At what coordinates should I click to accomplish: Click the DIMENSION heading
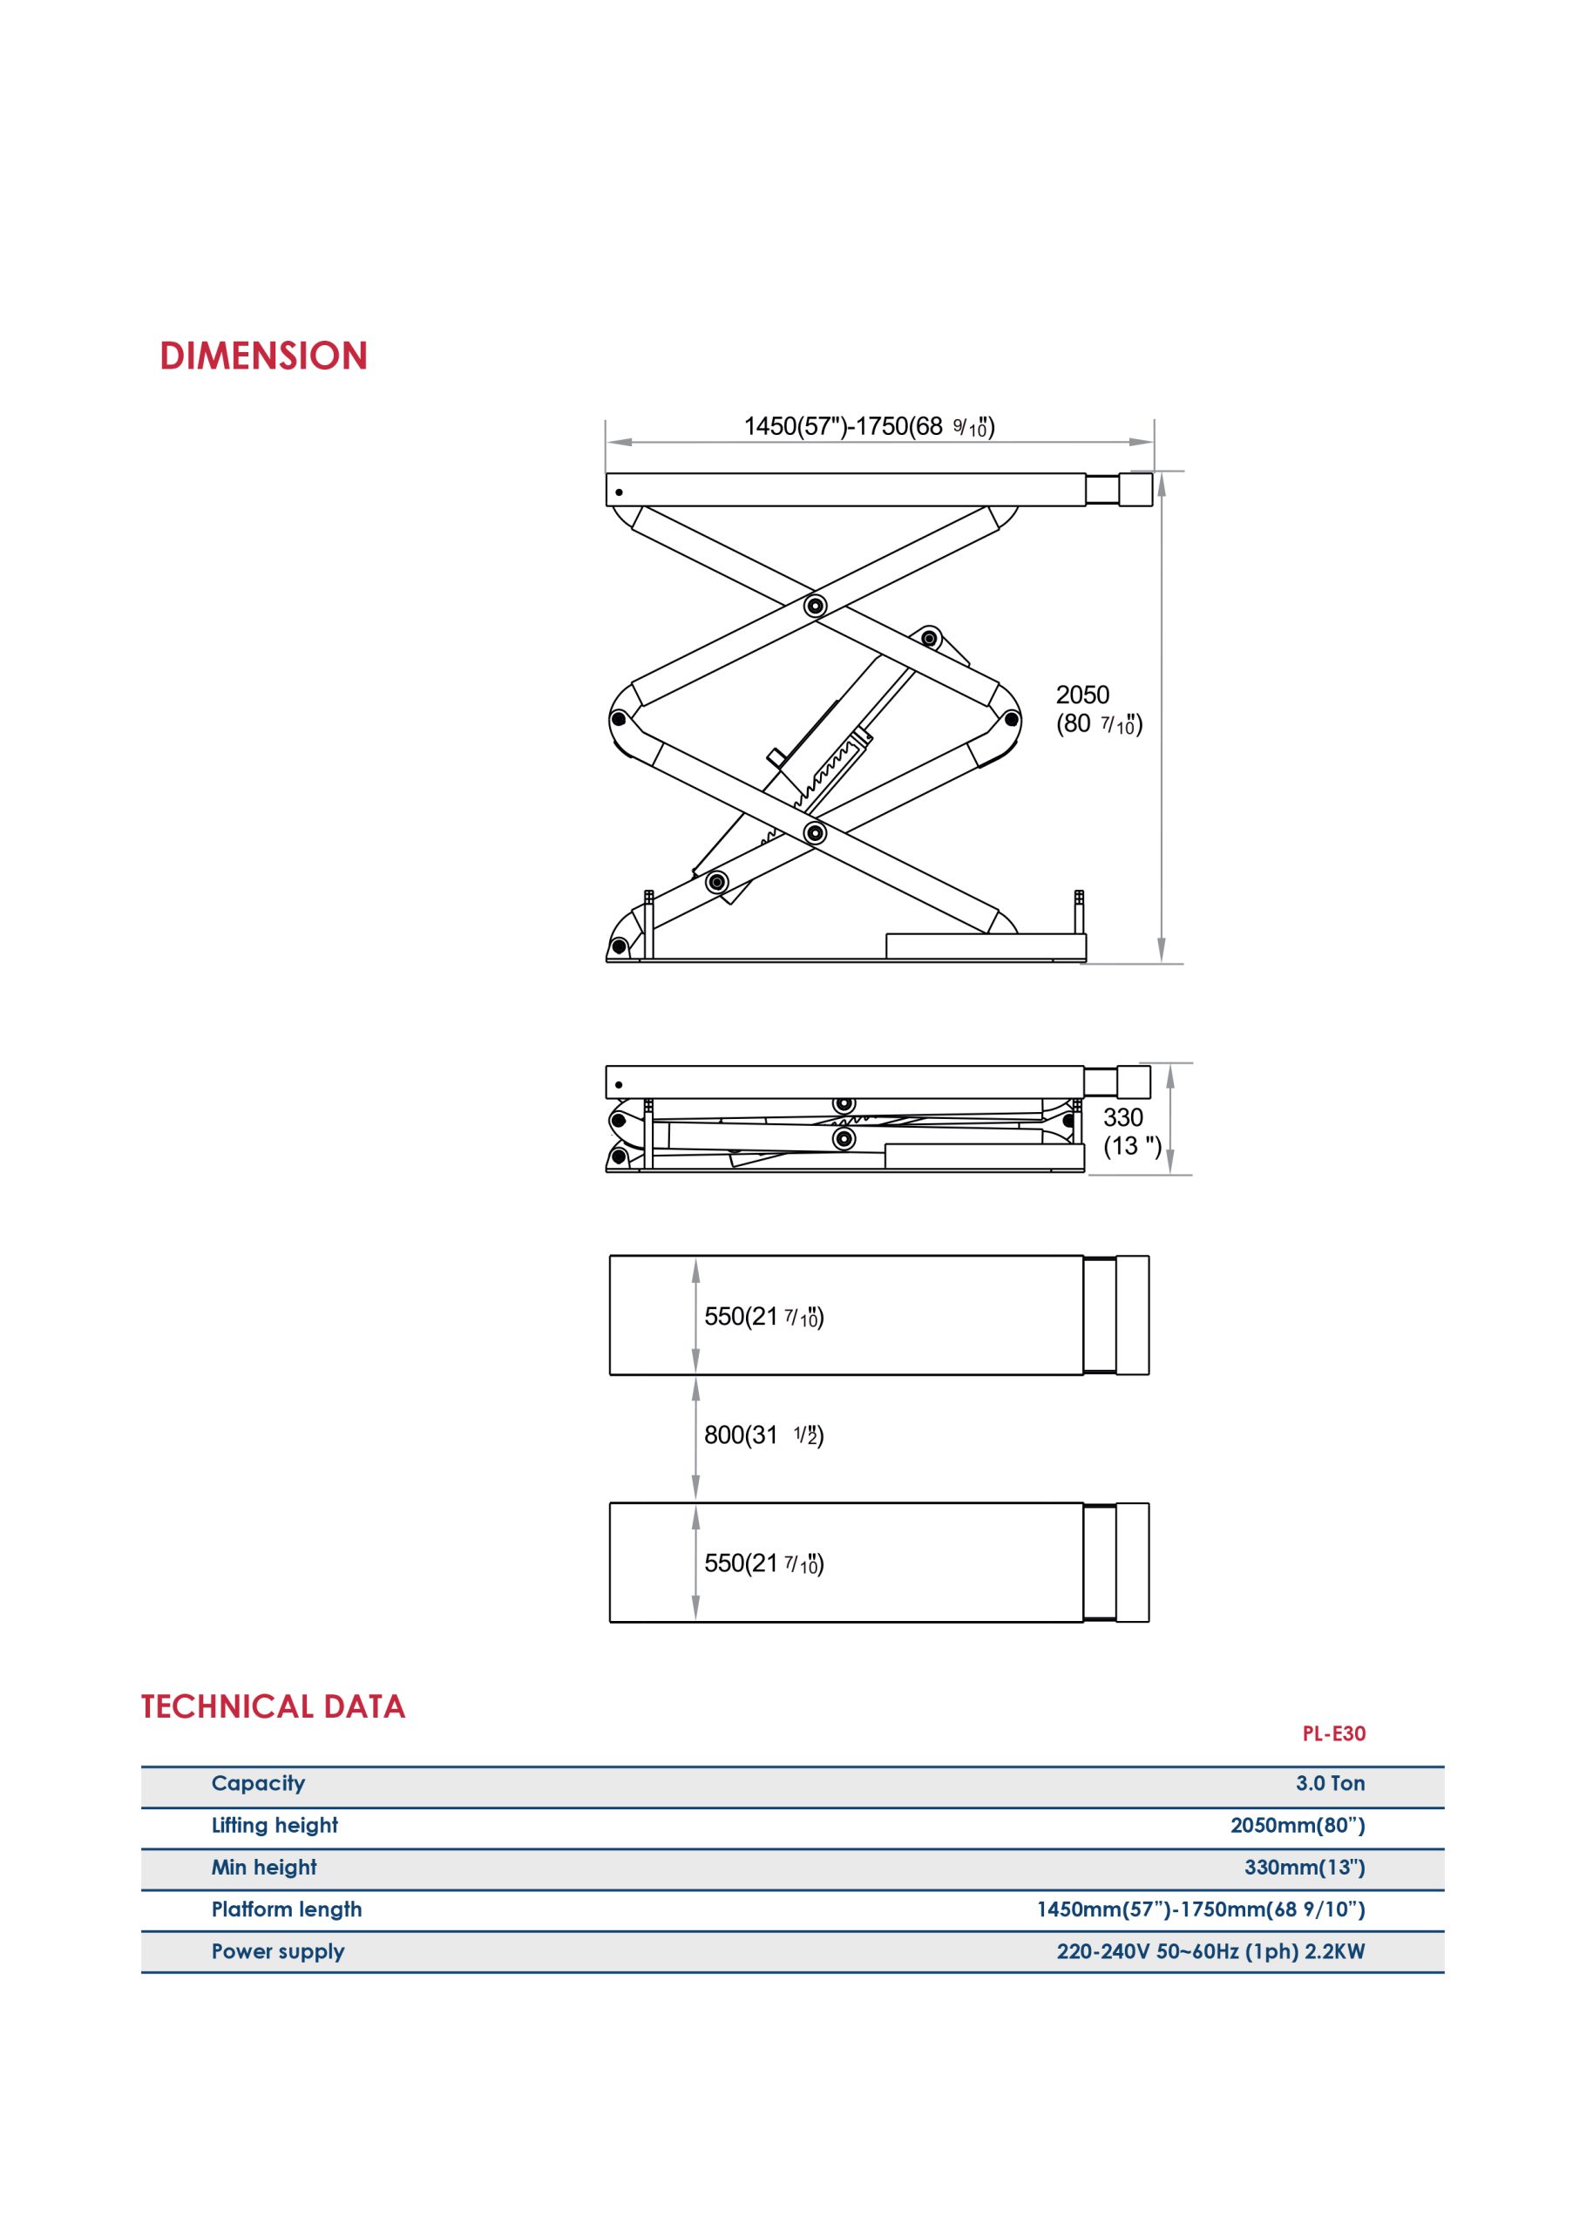pos(264,356)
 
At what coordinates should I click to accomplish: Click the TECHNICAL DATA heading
pos(274,1706)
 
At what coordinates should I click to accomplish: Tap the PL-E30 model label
pos(1334,1734)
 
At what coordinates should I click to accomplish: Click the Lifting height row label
pos(274,1825)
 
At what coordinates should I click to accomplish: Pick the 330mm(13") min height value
pos(1305,1867)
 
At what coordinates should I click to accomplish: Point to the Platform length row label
pos(286,1909)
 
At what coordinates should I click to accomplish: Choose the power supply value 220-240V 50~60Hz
pos(1211,1950)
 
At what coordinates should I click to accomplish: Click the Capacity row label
pos(259,1783)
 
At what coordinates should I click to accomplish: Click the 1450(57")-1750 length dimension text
pos(869,427)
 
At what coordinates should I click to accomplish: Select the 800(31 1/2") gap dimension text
pos(763,1435)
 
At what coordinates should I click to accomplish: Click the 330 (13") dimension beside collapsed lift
pos(1133,1131)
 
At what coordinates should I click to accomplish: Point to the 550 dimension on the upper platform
pos(763,1317)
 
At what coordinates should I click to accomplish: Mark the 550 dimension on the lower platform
pos(763,1564)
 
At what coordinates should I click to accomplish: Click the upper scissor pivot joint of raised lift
pos(816,607)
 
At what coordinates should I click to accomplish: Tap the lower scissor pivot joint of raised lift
pos(816,833)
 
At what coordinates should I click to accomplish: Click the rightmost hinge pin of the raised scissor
pos(1012,720)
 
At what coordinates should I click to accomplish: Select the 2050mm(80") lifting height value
pos(1298,1825)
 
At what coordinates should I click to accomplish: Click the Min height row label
pos(264,1867)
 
